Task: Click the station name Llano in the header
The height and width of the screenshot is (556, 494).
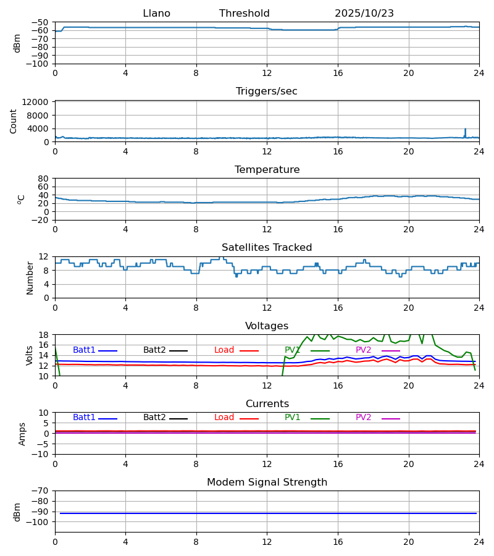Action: pyautogui.click(x=156, y=14)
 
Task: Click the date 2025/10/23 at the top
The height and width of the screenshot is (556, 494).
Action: pyautogui.click(x=364, y=14)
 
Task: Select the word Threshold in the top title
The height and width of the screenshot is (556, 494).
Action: pyautogui.click(x=244, y=14)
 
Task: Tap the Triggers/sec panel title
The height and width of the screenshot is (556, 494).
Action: pyautogui.click(x=266, y=91)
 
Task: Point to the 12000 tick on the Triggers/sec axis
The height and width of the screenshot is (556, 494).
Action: pyautogui.click(x=36, y=102)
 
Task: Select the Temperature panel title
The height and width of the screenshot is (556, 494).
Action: pyautogui.click(x=267, y=170)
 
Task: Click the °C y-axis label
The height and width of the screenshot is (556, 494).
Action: pyautogui.click(x=22, y=199)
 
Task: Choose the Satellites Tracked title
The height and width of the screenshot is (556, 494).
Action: pyautogui.click(x=267, y=248)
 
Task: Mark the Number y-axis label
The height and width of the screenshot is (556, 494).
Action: pyautogui.click(x=30, y=277)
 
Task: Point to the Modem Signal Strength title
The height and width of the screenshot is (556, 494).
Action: pyautogui.click(x=267, y=482)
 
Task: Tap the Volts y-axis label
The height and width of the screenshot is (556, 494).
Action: pyautogui.click(x=30, y=355)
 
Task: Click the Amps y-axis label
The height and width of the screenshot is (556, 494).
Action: pyautogui.click(x=23, y=434)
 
